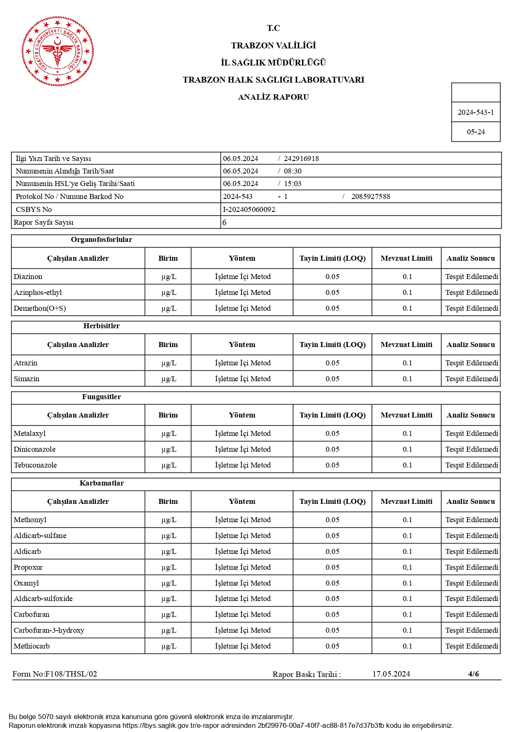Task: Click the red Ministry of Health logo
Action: click(58, 51)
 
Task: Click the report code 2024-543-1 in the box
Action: click(475, 112)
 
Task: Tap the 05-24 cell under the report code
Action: click(475, 132)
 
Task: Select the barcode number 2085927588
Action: click(370, 196)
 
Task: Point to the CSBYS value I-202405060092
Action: click(249, 209)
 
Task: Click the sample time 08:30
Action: click(293, 171)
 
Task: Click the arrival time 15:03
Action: click(293, 184)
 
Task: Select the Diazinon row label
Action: click(28, 277)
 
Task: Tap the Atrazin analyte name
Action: click(25, 363)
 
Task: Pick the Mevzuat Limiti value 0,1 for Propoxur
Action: click(407, 567)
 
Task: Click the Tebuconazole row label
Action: click(35, 465)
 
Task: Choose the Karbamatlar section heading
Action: click(101, 483)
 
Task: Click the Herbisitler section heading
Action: click(101, 326)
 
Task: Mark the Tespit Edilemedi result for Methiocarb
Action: click(471, 646)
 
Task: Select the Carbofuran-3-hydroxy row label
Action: click(49, 630)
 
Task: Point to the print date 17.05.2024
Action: click(391, 674)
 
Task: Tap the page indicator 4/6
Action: click(473, 674)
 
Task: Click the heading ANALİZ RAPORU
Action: click(273, 97)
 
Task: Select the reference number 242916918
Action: click(301, 158)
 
